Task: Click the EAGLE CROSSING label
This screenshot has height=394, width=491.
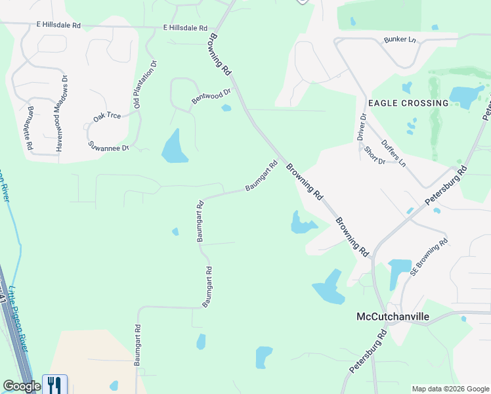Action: click(408, 103)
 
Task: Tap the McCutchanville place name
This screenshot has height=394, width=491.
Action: click(393, 317)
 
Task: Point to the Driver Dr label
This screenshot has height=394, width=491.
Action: click(362, 127)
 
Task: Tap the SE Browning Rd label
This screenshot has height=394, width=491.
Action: click(429, 256)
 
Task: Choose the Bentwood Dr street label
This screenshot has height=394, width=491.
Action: click(211, 97)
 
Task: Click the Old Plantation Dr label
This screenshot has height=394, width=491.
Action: click(146, 84)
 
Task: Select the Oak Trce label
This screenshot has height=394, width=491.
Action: click(107, 116)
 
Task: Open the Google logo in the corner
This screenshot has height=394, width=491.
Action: click(21, 386)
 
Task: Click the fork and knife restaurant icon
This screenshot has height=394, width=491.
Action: click(54, 384)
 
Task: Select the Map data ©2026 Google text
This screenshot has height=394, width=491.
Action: click(450, 389)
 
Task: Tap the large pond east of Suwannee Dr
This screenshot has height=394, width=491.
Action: click(174, 147)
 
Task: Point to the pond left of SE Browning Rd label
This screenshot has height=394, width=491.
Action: click(398, 271)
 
